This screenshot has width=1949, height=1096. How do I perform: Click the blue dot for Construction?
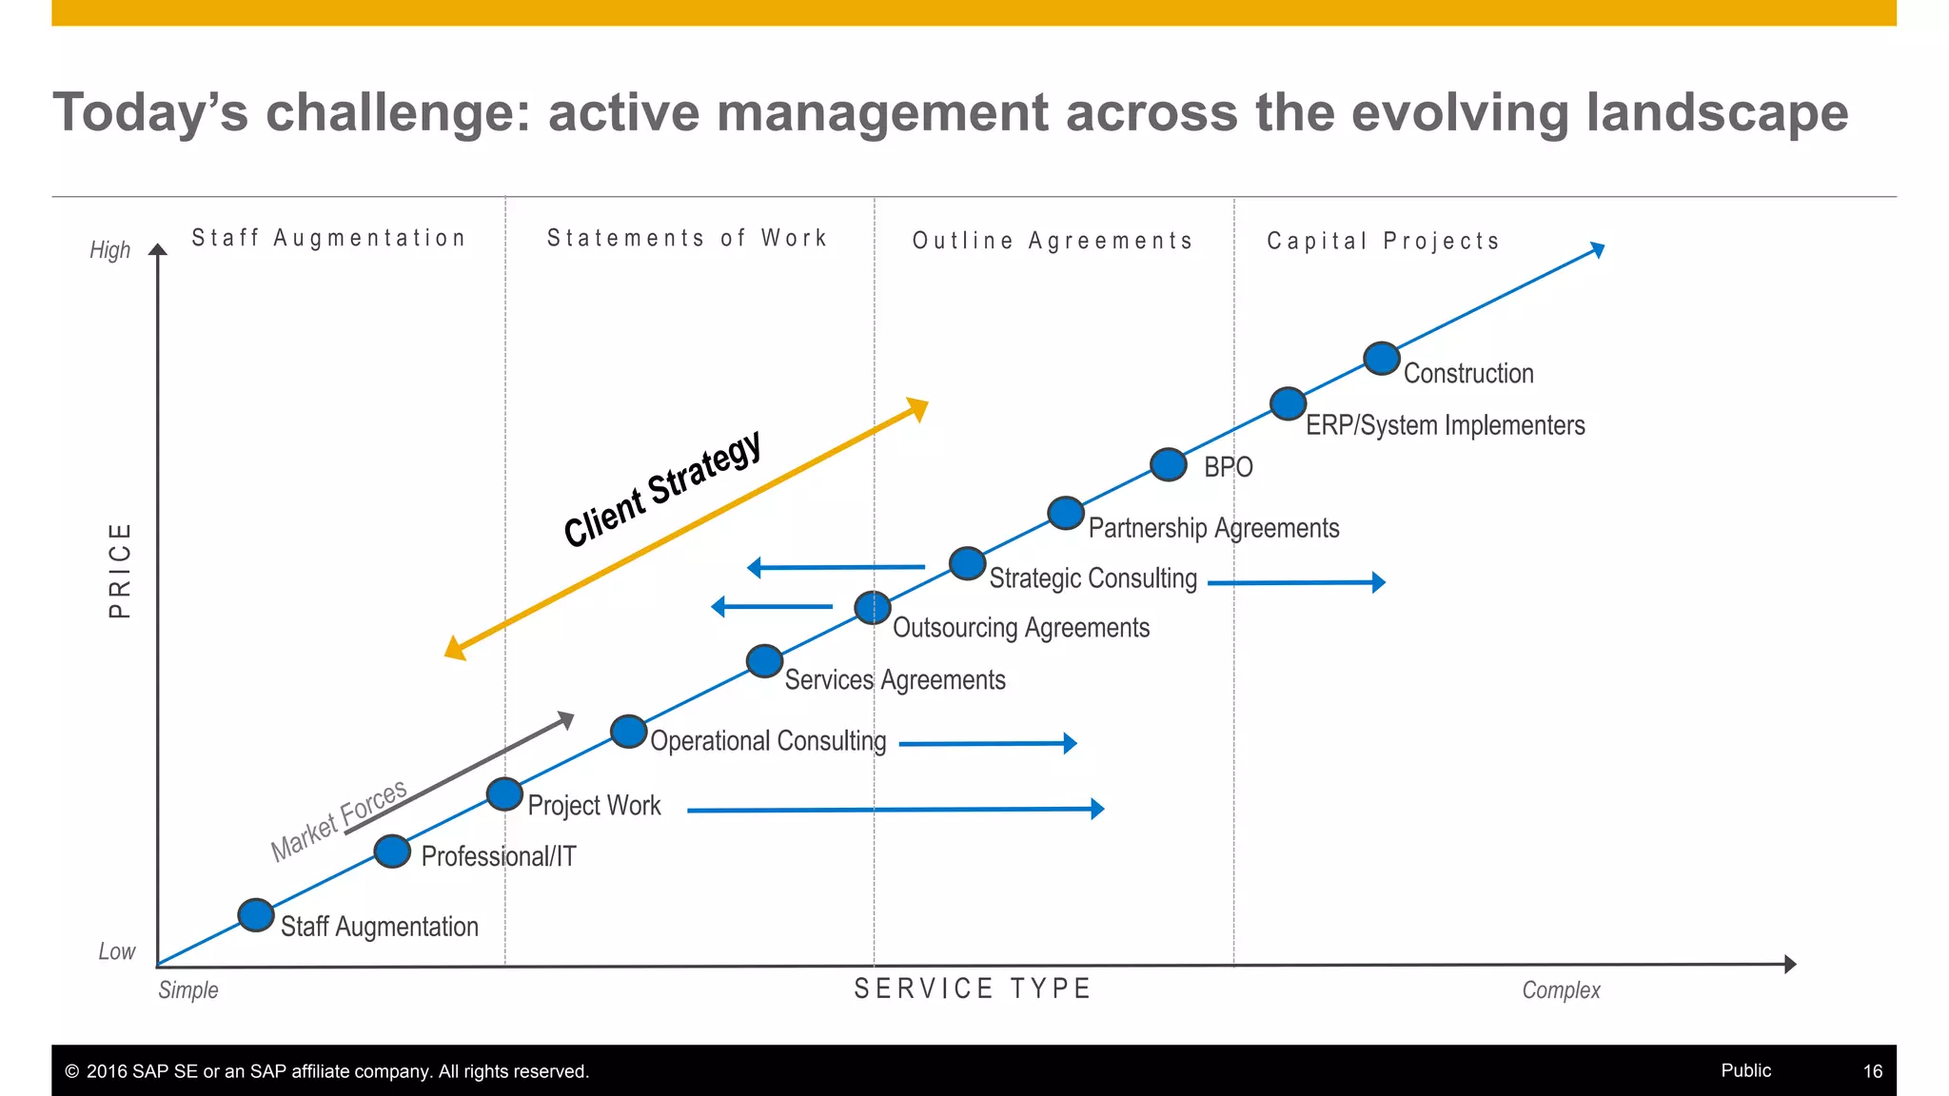(1381, 359)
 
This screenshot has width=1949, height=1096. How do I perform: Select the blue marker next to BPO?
(1168, 464)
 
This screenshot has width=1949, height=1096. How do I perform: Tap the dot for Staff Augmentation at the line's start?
(255, 914)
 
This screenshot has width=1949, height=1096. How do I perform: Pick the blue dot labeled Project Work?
(504, 793)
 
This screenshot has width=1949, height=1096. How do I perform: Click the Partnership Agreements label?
(1213, 528)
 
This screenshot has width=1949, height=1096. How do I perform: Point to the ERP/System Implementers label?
(1445, 425)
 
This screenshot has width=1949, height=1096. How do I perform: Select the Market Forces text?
(339, 820)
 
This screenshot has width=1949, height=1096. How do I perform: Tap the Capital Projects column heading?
(1383, 241)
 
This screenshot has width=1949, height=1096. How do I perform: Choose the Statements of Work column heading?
(687, 238)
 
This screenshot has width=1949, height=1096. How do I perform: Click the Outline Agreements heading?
(1053, 241)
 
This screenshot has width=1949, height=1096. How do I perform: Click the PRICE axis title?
(120, 570)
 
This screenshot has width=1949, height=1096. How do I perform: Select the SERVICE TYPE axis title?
(972, 988)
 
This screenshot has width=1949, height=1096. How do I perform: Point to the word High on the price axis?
(109, 250)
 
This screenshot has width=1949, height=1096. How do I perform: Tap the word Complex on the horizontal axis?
(1561, 990)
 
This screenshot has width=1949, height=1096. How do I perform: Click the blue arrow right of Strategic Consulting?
(1296, 582)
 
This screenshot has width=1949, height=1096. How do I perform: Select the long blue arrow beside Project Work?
(895, 810)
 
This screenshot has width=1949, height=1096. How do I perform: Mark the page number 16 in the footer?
(1872, 1071)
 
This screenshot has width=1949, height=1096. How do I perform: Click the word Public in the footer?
(1745, 1070)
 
